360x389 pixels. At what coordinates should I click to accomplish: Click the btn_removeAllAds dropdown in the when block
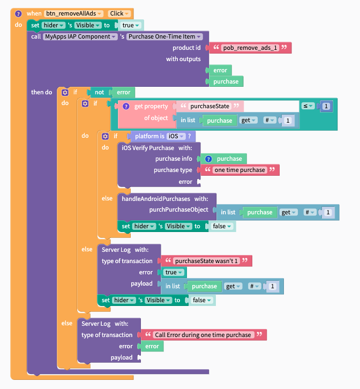point(73,13)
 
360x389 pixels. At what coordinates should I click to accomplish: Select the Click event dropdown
point(119,13)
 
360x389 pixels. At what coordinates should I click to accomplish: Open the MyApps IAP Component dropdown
point(80,37)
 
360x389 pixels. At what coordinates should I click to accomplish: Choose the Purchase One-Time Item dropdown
point(164,37)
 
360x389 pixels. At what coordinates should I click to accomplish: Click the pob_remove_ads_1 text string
point(250,48)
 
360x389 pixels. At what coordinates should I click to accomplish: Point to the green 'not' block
point(99,92)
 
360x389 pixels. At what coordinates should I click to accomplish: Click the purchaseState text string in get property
point(209,106)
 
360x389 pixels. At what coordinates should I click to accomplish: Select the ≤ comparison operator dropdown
point(308,106)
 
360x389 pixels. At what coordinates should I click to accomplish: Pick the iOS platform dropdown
point(176,136)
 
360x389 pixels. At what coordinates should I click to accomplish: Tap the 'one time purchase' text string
point(239,170)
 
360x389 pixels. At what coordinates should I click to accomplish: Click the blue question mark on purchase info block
point(208,159)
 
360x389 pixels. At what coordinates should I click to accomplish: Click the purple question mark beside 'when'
point(18,13)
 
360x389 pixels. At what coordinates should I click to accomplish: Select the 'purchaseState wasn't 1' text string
point(206,261)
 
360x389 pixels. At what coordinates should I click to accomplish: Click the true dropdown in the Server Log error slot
point(174,272)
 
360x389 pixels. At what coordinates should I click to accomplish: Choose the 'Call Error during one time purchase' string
point(203,335)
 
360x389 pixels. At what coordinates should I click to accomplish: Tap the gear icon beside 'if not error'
point(65,93)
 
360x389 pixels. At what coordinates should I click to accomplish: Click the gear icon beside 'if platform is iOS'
point(105,136)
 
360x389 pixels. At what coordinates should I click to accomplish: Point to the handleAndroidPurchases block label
point(156,199)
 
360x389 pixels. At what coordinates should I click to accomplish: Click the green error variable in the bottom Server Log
point(152,346)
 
